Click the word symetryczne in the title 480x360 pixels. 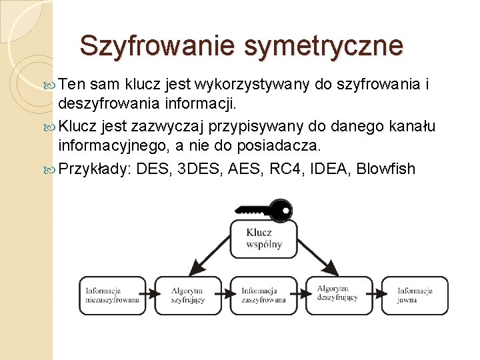[x=324, y=45]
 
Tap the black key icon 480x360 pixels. [x=263, y=210]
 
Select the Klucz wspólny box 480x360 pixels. [x=263, y=238]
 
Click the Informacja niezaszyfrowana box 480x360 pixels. [x=113, y=295]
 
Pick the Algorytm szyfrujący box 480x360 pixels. [x=188, y=295]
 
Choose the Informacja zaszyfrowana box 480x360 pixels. [x=263, y=295]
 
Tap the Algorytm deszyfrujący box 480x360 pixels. [x=339, y=295]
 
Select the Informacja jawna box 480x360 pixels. [x=415, y=295]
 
